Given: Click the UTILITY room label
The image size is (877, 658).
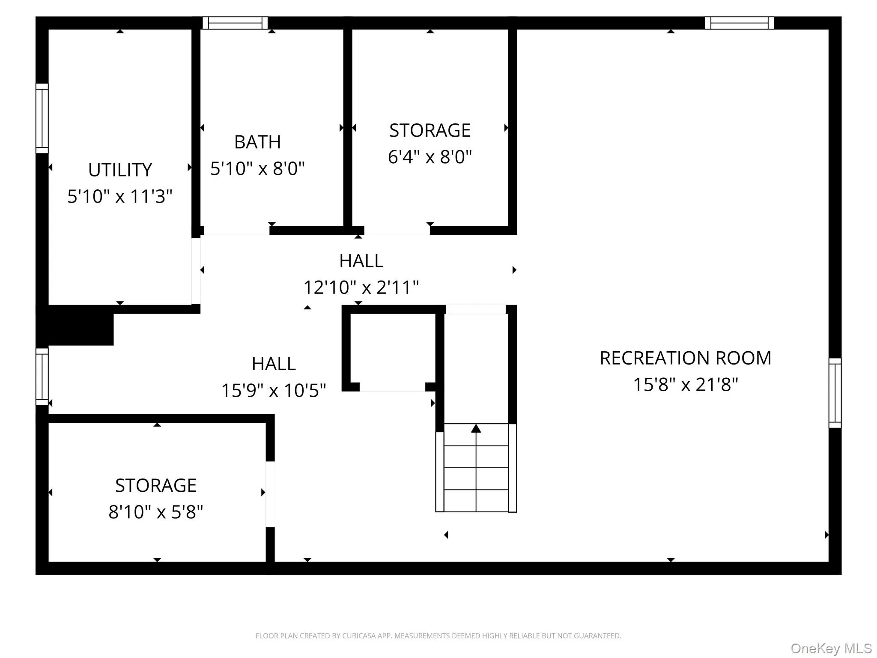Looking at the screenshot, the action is [120, 170].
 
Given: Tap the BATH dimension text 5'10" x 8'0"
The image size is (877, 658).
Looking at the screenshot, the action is [257, 168].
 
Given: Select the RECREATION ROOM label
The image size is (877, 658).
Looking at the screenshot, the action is [686, 358].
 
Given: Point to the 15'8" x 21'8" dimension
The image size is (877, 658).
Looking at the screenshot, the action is [686, 385].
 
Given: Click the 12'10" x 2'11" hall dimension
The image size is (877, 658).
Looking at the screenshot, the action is [361, 287].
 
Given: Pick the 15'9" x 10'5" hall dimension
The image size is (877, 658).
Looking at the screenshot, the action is [274, 390].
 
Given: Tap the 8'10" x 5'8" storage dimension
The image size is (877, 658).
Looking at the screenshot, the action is [155, 512].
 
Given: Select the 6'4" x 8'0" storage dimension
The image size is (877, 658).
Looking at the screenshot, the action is [430, 157].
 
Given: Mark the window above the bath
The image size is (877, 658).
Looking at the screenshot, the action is [235, 23].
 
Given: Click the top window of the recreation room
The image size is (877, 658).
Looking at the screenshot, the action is [740, 23].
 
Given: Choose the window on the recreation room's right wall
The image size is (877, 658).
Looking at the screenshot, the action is [835, 393].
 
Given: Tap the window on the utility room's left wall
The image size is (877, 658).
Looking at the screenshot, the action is [42, 118].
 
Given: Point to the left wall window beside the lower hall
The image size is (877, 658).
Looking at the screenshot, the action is [42, 377].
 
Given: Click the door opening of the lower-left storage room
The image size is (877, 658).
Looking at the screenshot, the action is [270, 494].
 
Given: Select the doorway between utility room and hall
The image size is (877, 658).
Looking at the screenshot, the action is [196, 271].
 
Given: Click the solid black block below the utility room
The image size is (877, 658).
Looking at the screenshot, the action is [75, 326].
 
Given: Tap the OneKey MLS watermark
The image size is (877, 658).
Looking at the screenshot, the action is [831, 649].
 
